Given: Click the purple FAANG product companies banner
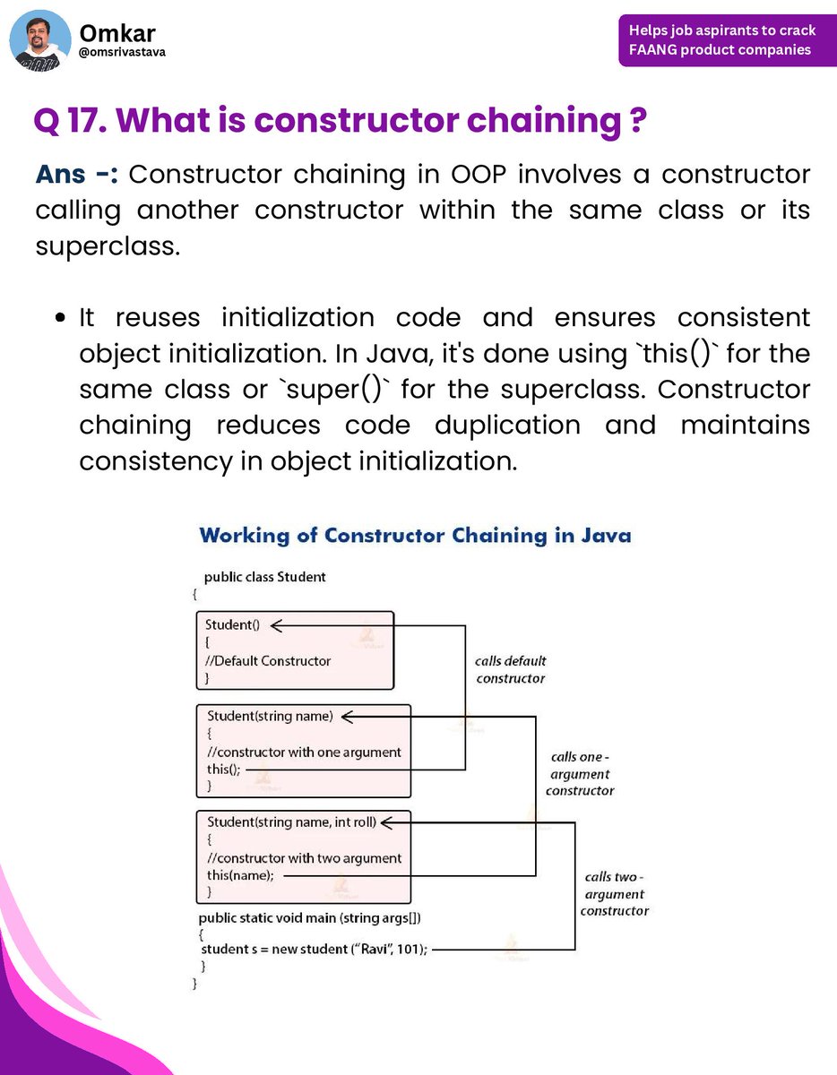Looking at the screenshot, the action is coord(721,40).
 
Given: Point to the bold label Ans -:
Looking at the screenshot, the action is coord(76,174).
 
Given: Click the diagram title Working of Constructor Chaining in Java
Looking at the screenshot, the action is coord(415,536).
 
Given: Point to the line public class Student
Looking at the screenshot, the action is coord(264,577).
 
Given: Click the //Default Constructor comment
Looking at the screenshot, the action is coord(268,661).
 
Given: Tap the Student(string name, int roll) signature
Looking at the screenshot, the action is coord(292,822).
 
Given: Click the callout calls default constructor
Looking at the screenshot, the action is coord(511,669).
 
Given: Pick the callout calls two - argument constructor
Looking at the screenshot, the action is coord(615,893).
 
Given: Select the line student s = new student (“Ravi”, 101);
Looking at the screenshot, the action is coord(314,949).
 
